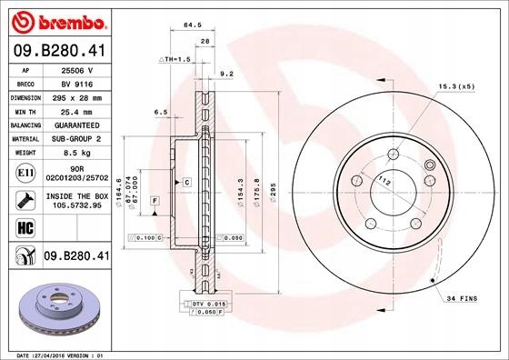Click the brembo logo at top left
(x=55, y=19)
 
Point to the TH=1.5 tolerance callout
(x=175, y=58)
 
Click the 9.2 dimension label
(x=228, y=75)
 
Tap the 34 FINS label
(x=462, y=297)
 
